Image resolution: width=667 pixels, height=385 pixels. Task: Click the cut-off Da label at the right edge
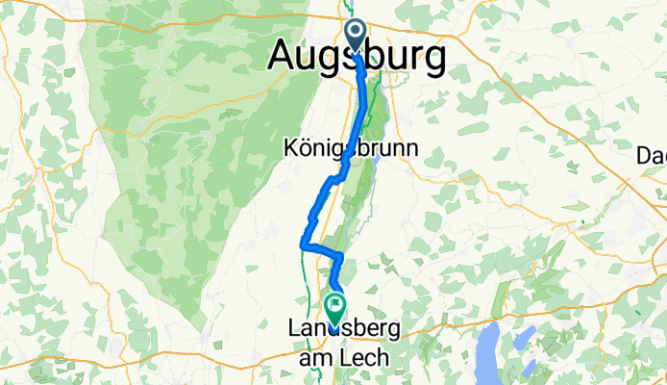point(654,155)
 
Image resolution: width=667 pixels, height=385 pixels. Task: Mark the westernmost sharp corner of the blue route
point(304,246)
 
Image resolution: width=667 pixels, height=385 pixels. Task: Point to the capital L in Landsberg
point(295,328)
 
